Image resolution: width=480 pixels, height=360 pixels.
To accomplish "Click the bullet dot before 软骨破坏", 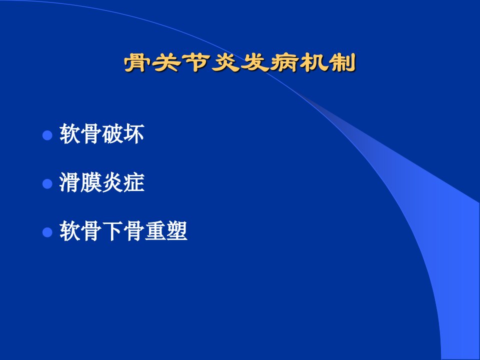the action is (47, 135).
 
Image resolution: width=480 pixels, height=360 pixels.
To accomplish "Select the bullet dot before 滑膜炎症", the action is (47, 183).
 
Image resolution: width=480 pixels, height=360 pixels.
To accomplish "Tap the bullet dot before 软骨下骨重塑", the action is (47, 232).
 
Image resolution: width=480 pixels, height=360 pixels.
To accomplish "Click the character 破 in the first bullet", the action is (112, 134).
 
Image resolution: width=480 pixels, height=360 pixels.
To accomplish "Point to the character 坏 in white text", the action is (134, 134).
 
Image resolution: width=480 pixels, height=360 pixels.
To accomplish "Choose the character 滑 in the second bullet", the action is (70, 182).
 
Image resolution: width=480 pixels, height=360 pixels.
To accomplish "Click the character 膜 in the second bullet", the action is (91, 182).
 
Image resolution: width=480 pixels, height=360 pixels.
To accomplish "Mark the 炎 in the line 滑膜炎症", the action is (112, 182).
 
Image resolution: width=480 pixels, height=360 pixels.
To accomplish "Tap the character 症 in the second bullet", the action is (134, 182).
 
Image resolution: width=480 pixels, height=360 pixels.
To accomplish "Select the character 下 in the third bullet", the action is (112, 231).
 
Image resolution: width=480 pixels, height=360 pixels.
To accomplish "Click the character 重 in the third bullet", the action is (155, 231).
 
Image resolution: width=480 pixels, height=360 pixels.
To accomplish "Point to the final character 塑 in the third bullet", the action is (177, 231).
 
